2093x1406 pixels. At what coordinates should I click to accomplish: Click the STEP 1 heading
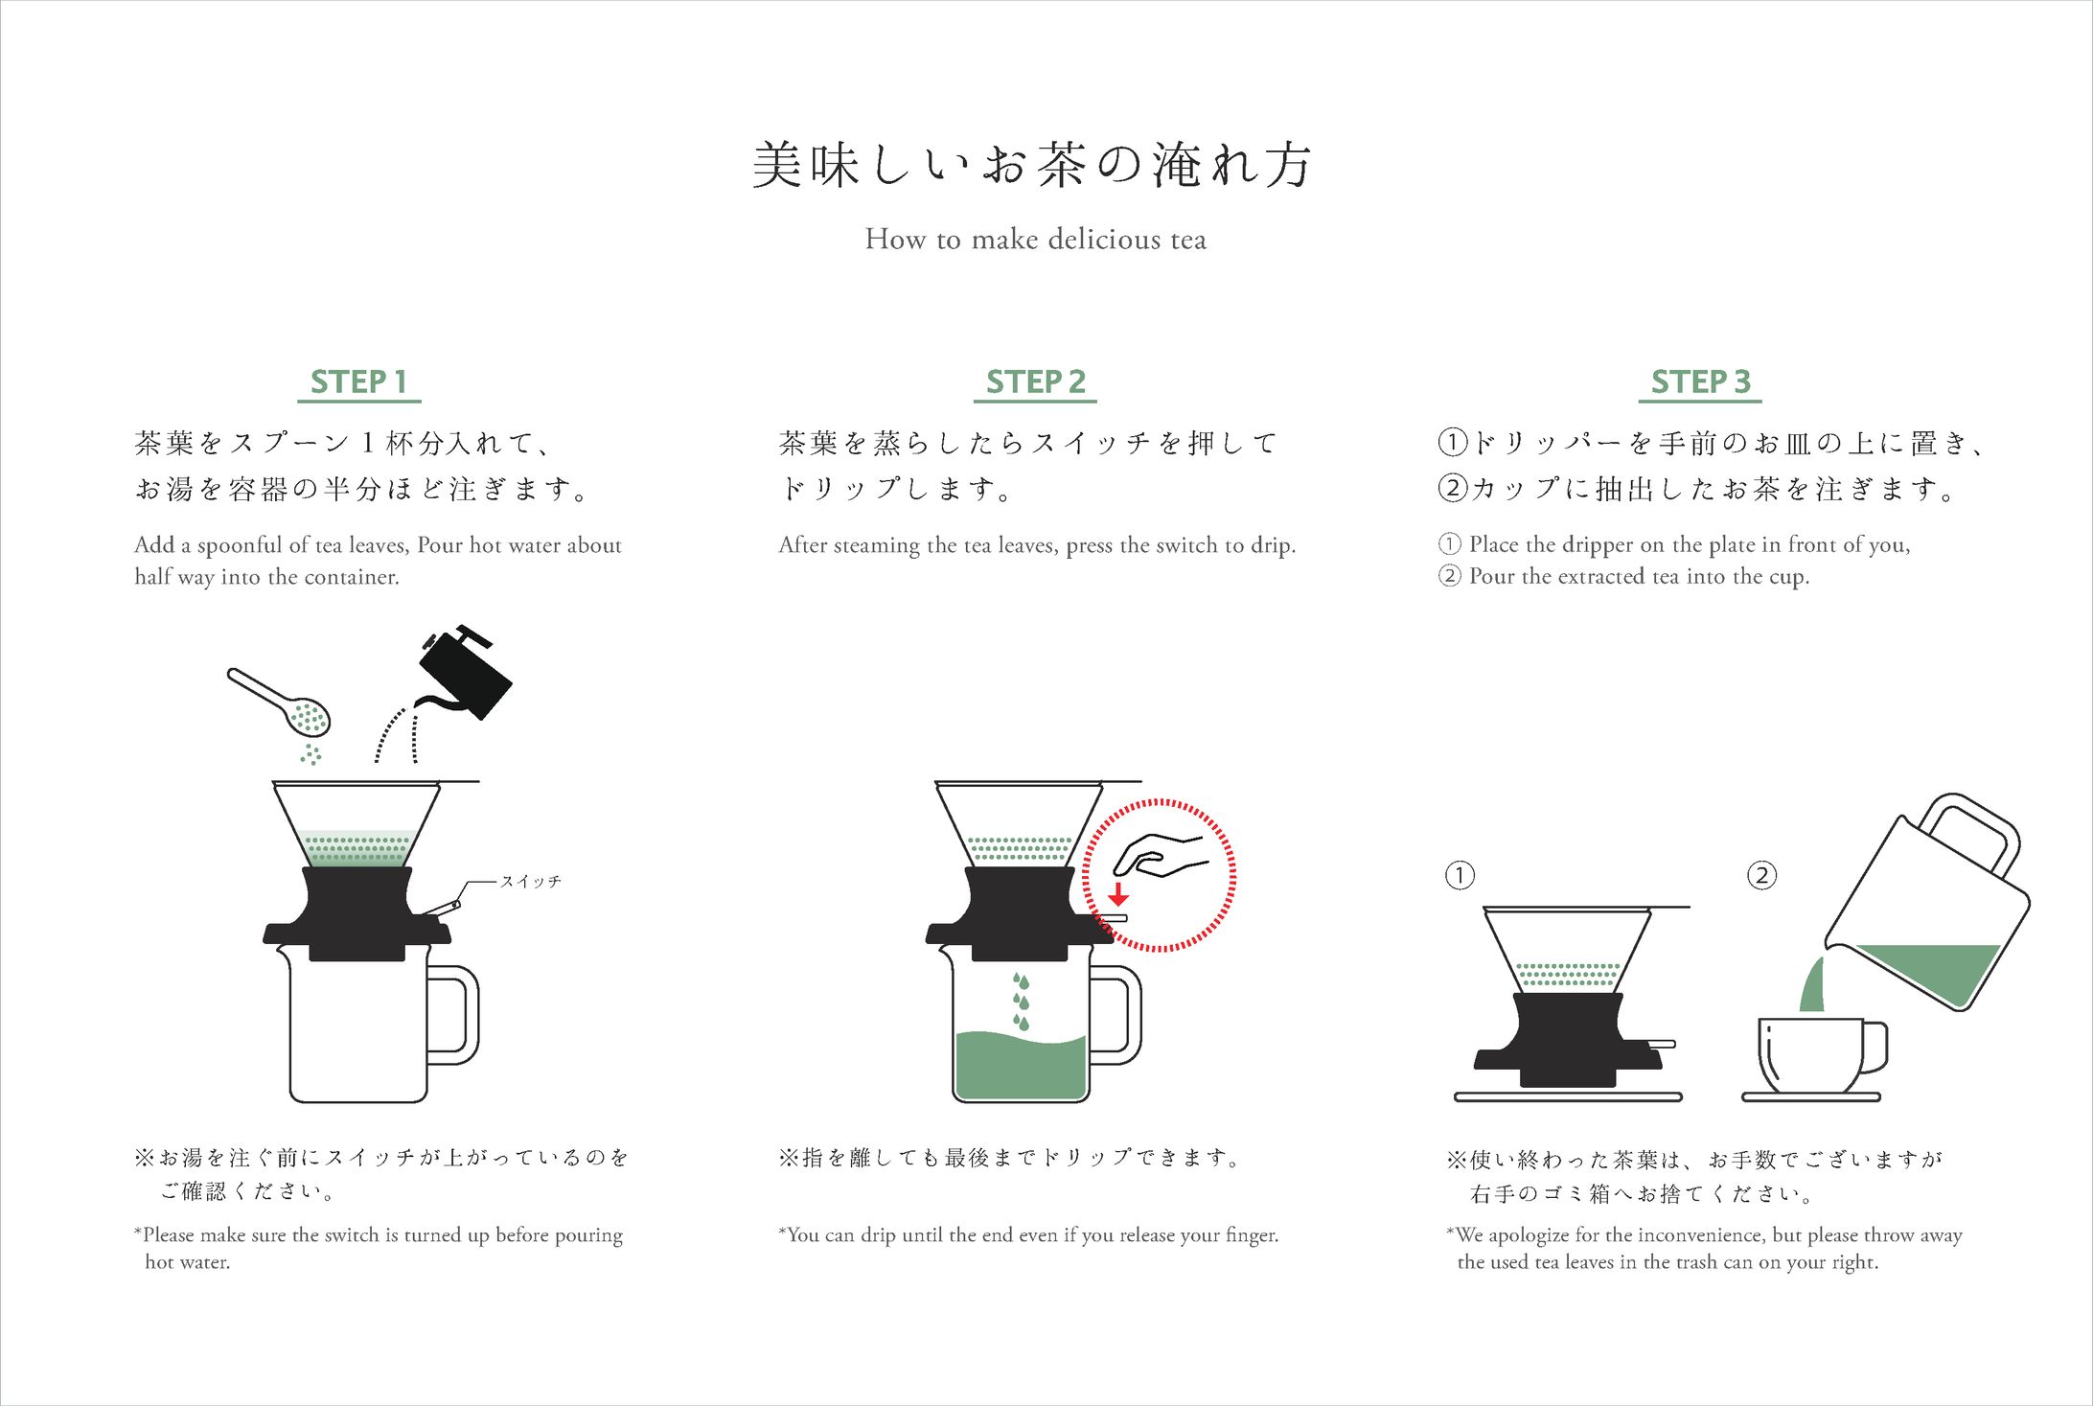pyautogui.click(x=358, y=381)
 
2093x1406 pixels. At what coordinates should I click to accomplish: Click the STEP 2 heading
pyautogui.click(x=1035, y=381)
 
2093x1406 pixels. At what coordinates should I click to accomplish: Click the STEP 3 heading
pyautogui.click(x=1700, y=381)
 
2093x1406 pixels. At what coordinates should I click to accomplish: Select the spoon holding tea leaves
pyautogui.click(x=279, y=702)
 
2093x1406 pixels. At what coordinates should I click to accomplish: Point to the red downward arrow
pyautogui.click(x=1117, y=893)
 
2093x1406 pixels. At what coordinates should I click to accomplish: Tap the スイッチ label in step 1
pyautogui.click(x=530, y=881)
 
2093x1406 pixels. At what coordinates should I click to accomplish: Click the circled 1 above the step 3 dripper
pyautogui.click(x=1460, y=875)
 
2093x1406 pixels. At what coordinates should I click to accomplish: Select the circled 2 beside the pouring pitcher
pyautogui.click(x=1761, y=875)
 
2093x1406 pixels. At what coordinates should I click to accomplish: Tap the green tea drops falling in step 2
pyautogui.click(x=1022, y=1002)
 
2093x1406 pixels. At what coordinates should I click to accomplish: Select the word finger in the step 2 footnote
pyautogui.click(x=1250, y=1235)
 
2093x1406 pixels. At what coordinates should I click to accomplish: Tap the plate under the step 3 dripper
pyautogui.click(x=1568, y=1096)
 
